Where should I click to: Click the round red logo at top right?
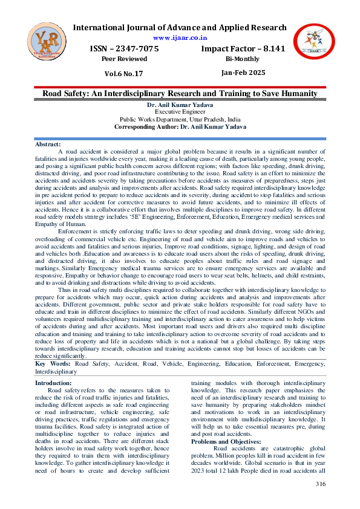click(x=314, y=45)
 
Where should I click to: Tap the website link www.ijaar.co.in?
click(x=180, y=37)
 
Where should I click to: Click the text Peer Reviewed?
click(x=124, y=59)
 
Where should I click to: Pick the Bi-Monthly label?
click(x=243, y=59)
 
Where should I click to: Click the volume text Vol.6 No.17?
click(x=124, y=74)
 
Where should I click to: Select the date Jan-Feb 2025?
click(x=243, y=73)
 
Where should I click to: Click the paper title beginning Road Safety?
click(x=180, y=94)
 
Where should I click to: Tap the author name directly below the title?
click(x=180, y=105)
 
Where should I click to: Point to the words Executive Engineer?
click(x=180, y=112)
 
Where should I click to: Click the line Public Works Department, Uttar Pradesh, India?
click(x=180, y=120)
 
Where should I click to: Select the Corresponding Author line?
click(x=180, y=127)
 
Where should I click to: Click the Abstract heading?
click(x=48, y=144)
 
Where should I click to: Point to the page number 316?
click(x=321, y=484)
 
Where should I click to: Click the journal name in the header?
click(x=180, y=28)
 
